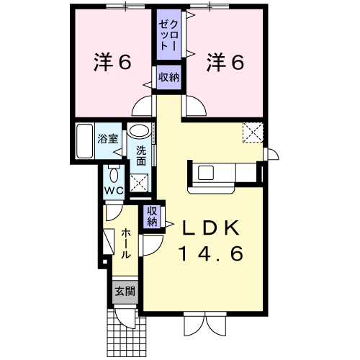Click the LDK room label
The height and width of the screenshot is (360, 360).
pyautogui.click(x=211, y=228)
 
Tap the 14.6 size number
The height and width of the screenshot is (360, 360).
pyautogui.click(x=211, y=253)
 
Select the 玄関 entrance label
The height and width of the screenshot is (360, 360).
pyautogui.click(x=125, y=292)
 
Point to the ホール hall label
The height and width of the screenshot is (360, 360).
pyautogui.click(x=125, y=243)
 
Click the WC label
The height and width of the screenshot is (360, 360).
pyautogui.click(x=114, y=191)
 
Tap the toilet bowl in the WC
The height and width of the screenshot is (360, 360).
pyautogui.click(x=114, y=175)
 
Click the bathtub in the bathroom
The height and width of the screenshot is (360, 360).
pyautogui.click(x=84, y=141)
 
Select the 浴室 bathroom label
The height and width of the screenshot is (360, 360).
pyautogui.click(x=108, y=139)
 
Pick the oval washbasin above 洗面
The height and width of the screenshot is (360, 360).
pyautogui.click(x=139, y=131)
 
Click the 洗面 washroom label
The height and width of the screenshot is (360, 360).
pyautogui.click(x=141, y=156)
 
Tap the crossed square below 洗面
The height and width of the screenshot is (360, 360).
pyautogui.click(x=139, y=183)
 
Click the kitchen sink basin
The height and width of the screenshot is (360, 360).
pyautogui.click(x=206, y=173)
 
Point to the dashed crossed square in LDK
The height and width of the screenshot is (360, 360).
pyautogui.click(x=253, y=132)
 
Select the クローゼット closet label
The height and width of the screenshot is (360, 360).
pyautogui.click(x=168, y=35)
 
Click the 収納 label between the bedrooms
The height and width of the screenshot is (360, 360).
pyautogui.click(x=168, y=77)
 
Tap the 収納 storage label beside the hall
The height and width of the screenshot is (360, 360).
pyautogui.click(x=152, y=217)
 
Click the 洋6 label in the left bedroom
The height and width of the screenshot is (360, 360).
pyautogui.click(x=112, y=62)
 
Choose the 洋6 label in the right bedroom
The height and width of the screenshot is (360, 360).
pyautogui.click(x=225, y=62)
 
